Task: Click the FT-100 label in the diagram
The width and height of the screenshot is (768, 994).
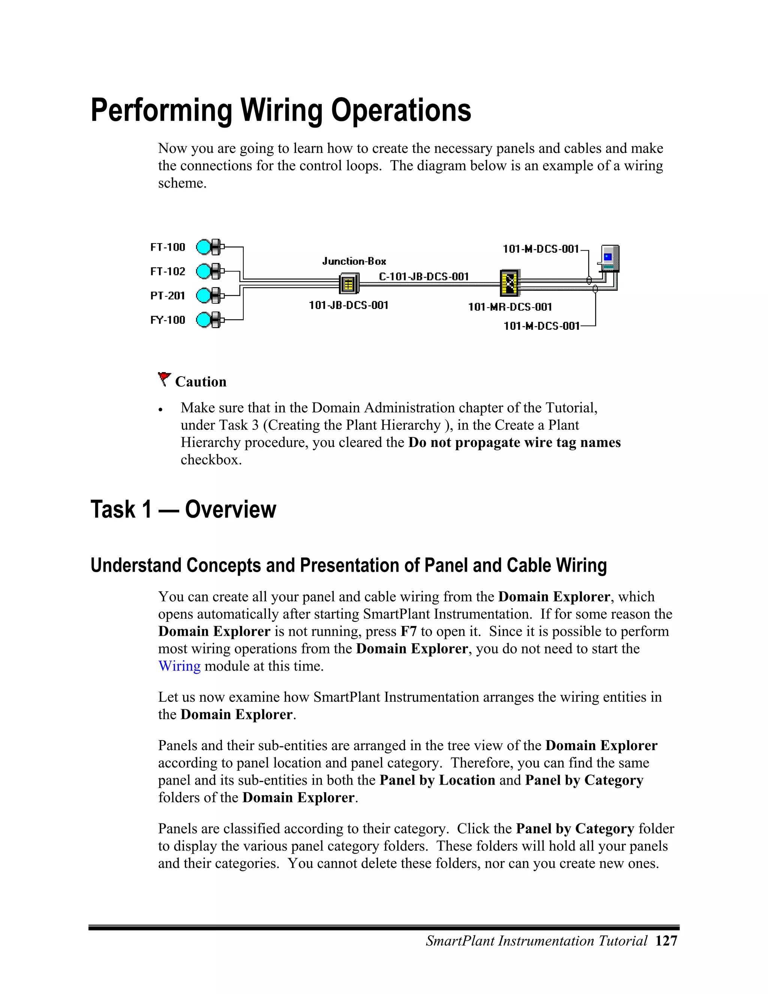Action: tap(167, 247)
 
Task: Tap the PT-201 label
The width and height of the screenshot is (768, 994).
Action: tap(167, 296)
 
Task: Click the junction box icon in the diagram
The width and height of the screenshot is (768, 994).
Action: tap(349, 284)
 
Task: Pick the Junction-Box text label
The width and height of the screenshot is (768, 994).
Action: tap(354, 261)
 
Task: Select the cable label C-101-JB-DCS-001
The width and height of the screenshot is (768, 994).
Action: tap(424, 276)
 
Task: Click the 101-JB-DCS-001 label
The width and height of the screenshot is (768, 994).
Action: tap(348, 305)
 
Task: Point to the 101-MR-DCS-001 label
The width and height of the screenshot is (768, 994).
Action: tap(510, 307)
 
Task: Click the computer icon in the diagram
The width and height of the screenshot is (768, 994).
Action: tap(610, 258)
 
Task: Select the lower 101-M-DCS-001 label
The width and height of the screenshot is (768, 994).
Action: tap(541, 326)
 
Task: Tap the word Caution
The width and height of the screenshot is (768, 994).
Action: tap(201, 381)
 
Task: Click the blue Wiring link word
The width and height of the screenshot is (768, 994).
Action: tap(179, 666)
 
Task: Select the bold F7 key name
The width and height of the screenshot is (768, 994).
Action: tap(408, 631)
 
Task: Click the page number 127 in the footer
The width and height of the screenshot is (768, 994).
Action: tap(666, 941)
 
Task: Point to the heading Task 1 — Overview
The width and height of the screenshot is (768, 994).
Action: tap(183, 509)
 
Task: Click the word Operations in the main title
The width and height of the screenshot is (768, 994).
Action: tap(401, 111)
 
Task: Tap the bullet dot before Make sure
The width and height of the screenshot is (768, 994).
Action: tap(160, 410)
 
